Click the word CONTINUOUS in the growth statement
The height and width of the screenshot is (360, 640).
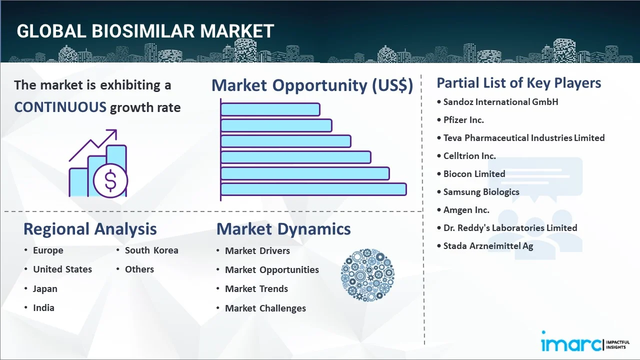pyautogui.click(x=60, y=107)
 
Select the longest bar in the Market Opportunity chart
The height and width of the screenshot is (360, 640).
pyautogui.click(x=313, y=189)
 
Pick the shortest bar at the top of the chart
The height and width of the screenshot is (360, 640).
pyautogui.click(x=270, y=109)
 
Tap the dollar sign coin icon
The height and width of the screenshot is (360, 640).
pyautogui.click(x=110, y=181)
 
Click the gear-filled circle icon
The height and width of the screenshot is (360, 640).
pyautogui.click(x=367, y=275)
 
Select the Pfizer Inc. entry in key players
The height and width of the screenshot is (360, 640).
pyautogui.click(x=463, y=120)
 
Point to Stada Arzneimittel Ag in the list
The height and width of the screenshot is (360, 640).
pyautogui.click(x=488, y=246)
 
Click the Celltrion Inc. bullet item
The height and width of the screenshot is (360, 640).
pyautogui.click(x=469, y=156)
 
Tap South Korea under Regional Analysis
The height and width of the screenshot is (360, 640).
pyautogui.click(x=151, y=250)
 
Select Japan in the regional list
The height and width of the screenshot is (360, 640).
pyautogui.click(x=45, y=289)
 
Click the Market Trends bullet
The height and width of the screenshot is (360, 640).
pyautogui.click(x=256, y=289)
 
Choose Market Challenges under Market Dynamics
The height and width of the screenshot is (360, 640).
pyautogui.click(x=265, y=308)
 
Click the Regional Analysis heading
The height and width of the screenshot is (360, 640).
pyautogui.click(x=90, y=229)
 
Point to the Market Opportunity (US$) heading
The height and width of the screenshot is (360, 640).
pyautogui.click(x=312, y=85)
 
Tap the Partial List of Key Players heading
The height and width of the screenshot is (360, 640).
pyautogui.click(x=518, y=83)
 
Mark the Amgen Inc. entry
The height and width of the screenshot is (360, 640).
pyautogui.click(x=466, y=210)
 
